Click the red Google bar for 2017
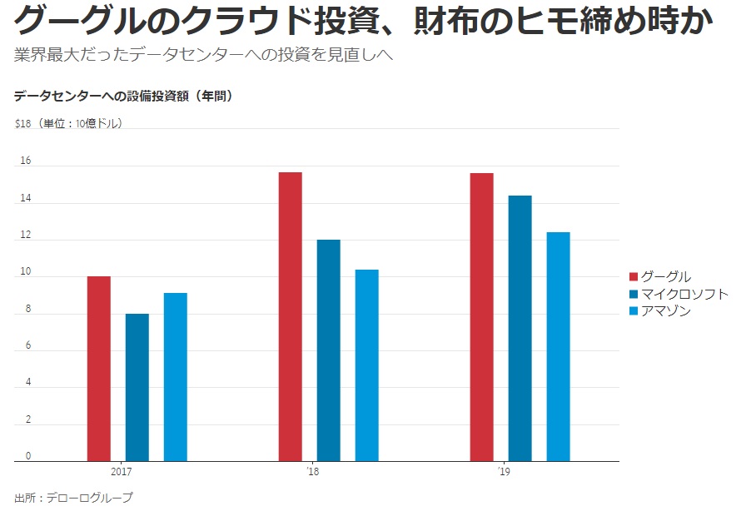(x=98, y=369)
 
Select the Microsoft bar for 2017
(x=137, y=387)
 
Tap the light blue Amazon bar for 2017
(x=176, y=377)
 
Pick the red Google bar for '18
(x=290, y=316)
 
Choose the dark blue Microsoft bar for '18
(x=329, y=350)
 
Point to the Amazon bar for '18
(x=367, y=365)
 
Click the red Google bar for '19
(x=481, y=317)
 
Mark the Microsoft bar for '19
(x=520, y=328)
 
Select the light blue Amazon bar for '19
(x=559, y=346)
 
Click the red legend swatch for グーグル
(x=633, y=277)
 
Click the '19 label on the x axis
(x=503, y=471)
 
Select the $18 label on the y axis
(x=22, y=124)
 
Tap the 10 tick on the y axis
(x=26, y=272)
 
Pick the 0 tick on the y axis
(x=27, y=455)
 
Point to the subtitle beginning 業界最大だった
(x=203, y=57)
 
